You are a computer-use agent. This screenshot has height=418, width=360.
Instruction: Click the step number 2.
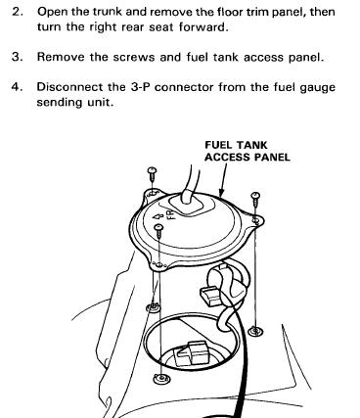coord(17,12)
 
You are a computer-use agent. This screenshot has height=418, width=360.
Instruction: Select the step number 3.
coord(17,57)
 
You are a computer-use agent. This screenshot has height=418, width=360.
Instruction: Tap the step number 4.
coord(17,87)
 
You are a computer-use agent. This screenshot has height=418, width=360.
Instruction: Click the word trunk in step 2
coord(108,12)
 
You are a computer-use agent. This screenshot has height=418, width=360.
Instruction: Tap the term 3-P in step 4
coord(140,87)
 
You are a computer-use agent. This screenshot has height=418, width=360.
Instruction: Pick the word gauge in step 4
coord(318,88)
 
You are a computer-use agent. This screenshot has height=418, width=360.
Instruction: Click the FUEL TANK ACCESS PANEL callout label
coord(247,151)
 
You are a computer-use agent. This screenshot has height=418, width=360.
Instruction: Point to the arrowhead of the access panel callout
coord(221,195)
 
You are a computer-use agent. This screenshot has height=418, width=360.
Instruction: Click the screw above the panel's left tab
coord(153,174)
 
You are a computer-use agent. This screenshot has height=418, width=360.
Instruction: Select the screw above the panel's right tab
coord(255,199)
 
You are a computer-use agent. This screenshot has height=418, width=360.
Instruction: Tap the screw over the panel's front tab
coord(158,231)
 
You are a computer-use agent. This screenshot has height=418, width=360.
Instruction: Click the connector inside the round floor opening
coord(191,353)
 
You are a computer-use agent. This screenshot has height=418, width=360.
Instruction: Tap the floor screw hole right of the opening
coord(255,332)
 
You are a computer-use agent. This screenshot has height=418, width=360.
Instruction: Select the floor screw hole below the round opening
coord(161,379)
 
